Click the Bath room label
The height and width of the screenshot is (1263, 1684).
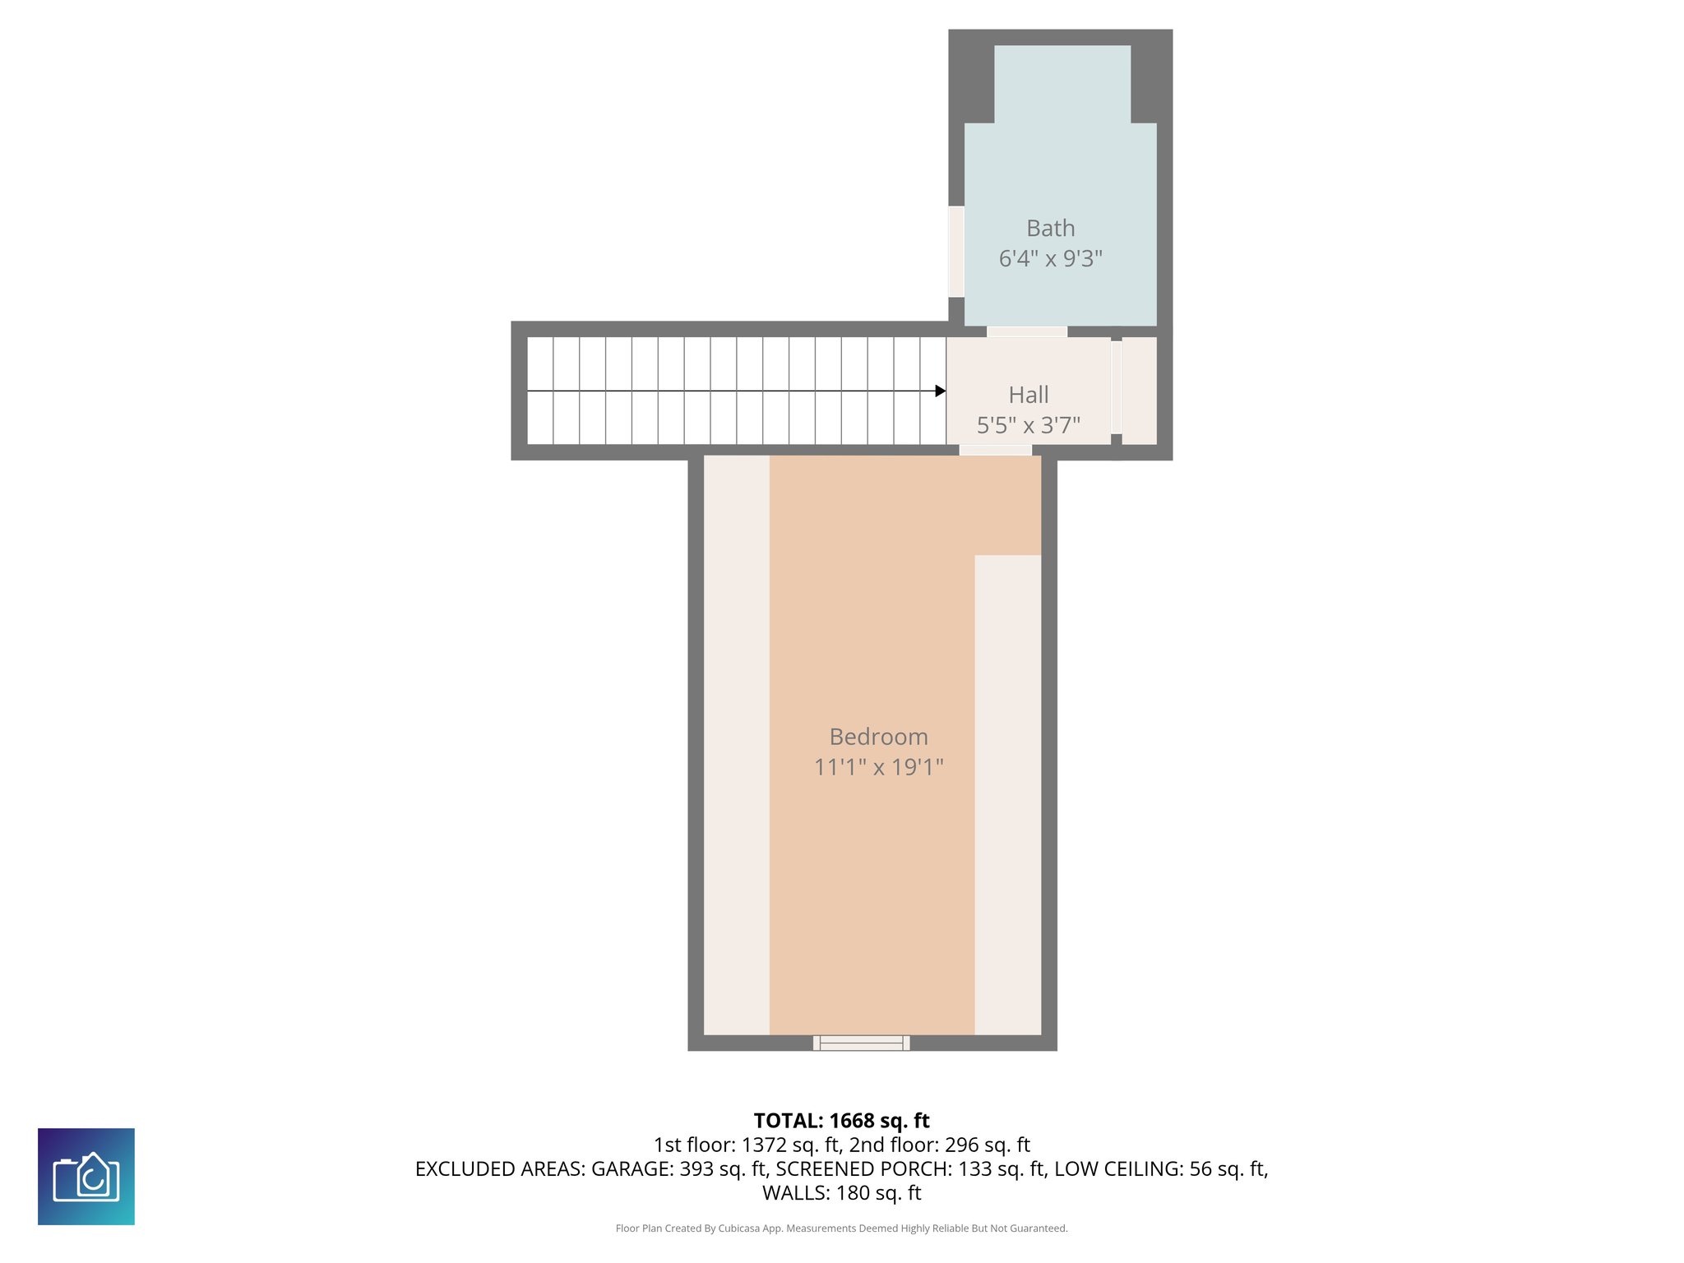[1050, 228]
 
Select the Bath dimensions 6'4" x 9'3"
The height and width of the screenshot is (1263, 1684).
[1050, 259]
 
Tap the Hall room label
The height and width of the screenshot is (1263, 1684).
[1028, 395]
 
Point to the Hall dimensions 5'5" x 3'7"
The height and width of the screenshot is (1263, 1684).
[1028, 425]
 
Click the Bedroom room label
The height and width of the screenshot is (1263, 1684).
[878, 737]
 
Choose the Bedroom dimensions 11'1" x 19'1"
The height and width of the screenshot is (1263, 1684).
[878, 767]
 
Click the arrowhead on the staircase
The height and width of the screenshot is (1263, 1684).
[940, 391]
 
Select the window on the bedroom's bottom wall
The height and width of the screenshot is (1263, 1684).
[861, 1043]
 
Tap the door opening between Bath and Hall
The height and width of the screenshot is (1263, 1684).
[1026, 331]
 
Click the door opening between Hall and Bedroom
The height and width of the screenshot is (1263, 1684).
[995, 450]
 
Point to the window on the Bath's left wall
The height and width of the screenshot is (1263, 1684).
[955, 251]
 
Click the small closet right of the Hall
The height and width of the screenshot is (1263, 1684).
[1139, 391]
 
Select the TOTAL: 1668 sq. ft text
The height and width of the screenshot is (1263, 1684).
[841, 1121]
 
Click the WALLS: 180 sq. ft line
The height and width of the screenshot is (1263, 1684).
[841, 1193]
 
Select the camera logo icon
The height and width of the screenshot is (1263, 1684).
[86, 1177]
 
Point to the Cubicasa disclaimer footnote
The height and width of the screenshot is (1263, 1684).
[841, 1228]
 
